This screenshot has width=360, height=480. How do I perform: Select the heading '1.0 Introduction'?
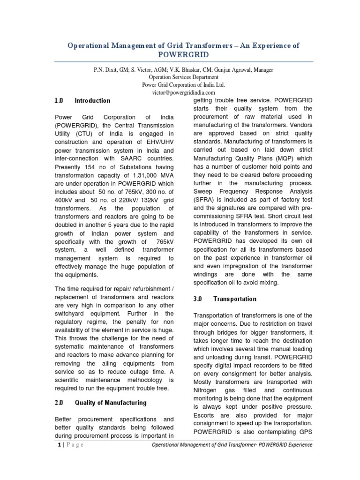(x=82, y=101)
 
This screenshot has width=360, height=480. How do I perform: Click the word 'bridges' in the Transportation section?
(x=226, y=332)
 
